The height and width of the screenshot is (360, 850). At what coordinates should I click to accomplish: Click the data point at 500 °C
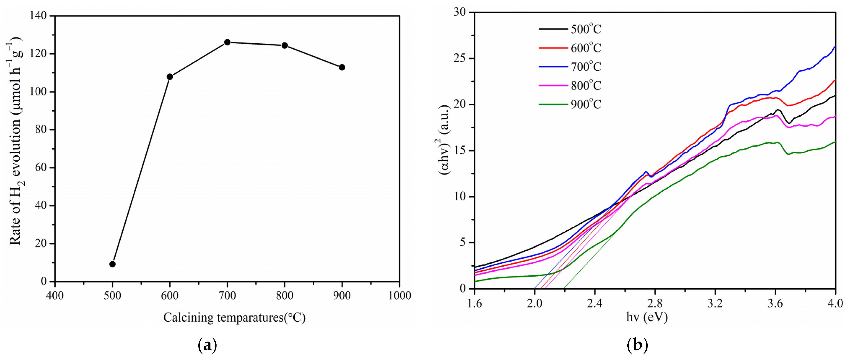click(x=112, y=264)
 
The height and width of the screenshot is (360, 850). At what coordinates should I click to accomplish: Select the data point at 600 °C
click(x=170, y=77)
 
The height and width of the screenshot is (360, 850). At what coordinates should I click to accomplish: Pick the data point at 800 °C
click(x=284, y=45)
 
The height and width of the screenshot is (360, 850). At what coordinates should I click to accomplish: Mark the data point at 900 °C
click(x=342, y=67)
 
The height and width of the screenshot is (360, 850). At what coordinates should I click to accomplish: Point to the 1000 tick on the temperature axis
click(x=399, y=295)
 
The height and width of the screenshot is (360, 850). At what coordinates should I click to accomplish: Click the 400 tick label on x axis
click(x=55, y=295)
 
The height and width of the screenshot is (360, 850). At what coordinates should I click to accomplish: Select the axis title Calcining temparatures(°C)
click(x=234, y=317)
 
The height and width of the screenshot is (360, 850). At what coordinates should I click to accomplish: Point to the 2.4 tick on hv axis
click(x=594, y=303)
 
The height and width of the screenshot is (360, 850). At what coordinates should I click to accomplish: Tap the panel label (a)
click(x=207, y=346)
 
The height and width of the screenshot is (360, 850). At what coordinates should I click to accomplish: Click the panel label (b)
click(x=637, y=346)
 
